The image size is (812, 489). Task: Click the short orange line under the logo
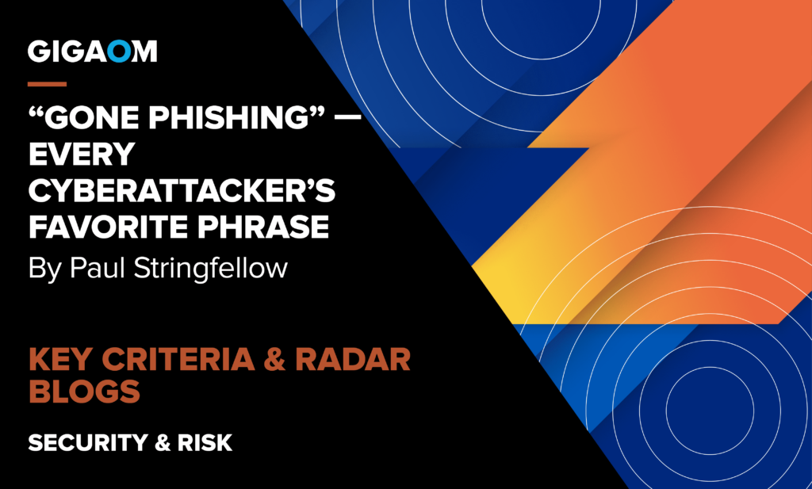click(x=47, y=82)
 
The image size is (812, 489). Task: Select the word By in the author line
click(x=44, y=269)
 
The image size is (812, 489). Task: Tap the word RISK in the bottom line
click(x=206, y=442)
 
